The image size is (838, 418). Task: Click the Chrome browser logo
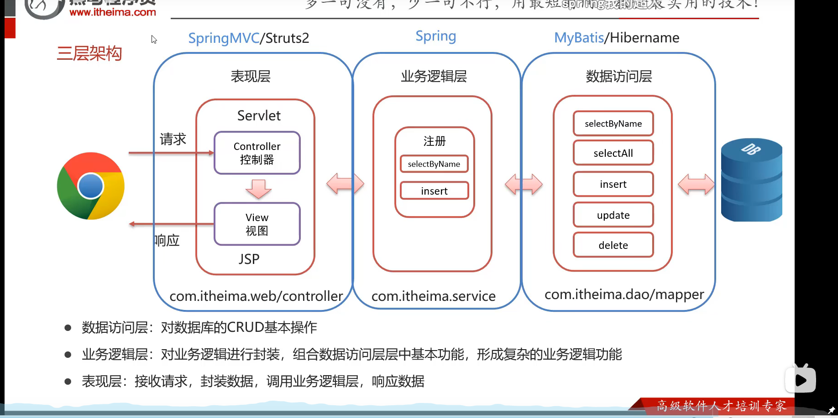tap(90, 186)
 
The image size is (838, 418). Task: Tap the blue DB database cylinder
tap(751, 181)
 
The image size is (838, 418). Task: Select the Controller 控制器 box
tap(257, 153)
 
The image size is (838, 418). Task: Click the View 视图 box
tap(257, 224)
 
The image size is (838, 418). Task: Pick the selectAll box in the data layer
tap(613, 153)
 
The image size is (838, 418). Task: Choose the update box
tap(613, 215)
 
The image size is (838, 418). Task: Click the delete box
tap(613, 245)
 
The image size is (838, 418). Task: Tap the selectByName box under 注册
tap(434, 164)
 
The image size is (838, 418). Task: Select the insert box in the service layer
tap(434, 191)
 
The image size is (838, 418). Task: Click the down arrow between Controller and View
tap(258, 189)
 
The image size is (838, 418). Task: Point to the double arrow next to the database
tap(696, 185)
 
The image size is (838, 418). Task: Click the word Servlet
tap(259, 116)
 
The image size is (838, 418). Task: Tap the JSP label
tap(249, 259)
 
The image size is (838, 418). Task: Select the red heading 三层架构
tap(89, 53)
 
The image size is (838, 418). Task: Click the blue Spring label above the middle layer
tap(435, 36)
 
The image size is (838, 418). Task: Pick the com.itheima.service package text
tap(433, 296)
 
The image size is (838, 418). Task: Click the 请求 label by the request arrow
tap(173, 139)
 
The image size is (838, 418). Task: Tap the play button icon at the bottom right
tap(800, 380)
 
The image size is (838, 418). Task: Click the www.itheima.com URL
tap(113, 12)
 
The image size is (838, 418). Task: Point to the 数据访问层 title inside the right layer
tap(618, 76)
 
